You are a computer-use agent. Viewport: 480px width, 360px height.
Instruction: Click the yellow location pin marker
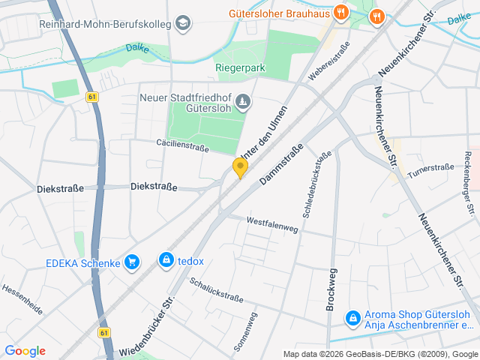pos(240,167)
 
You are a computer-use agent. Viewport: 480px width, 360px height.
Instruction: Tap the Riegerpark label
pos(240,67)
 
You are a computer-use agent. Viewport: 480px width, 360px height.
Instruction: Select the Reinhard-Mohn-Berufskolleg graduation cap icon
pos(183,24)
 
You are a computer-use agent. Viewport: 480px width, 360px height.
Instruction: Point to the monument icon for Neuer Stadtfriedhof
pos(243,101)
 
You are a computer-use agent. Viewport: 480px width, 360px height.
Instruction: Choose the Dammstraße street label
pos(281,165)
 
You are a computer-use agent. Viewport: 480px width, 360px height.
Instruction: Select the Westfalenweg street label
pos(272,223)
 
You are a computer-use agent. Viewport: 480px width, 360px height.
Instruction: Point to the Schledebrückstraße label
pos(317,184)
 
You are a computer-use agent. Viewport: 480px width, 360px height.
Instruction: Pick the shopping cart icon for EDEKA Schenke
pos(132,262)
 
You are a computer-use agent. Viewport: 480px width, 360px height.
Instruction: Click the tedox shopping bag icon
pos(166,260)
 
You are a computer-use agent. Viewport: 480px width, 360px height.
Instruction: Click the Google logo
pos(25,351)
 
